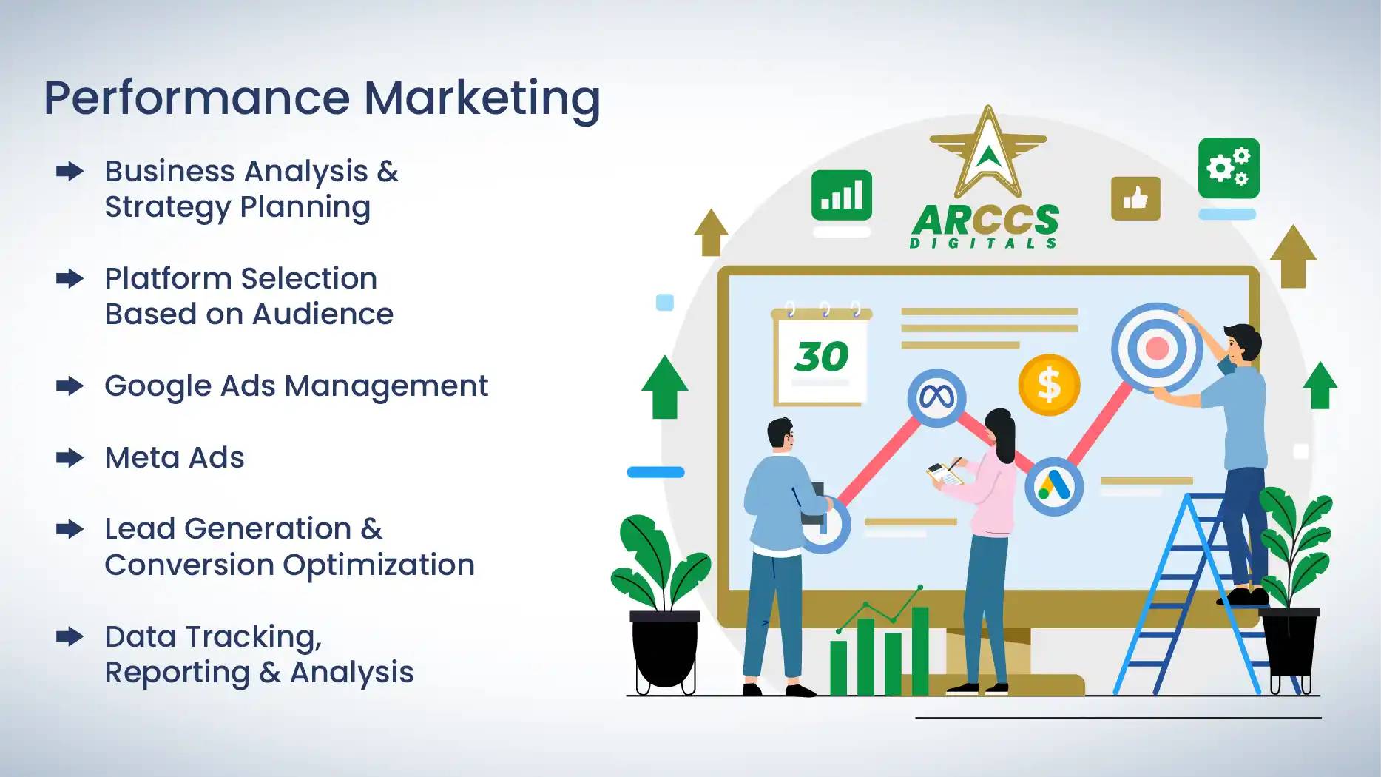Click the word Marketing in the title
[482, 98]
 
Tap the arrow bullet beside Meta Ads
[70, 458]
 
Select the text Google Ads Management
[296, 386]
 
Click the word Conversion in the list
[189, 565]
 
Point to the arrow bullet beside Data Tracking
[70, 636]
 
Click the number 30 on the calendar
[821, 357]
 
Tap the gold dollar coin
[1049, 385]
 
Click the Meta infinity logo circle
[936, 398]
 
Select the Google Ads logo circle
[1054, 486]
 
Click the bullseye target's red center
[1157, 348]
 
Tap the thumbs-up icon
[1135, 198]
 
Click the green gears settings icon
[1229, 168]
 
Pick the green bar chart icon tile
[842, 195]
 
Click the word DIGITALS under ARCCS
[983, 243]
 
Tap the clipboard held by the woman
[944, 474]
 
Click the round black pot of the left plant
[664, 651]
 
